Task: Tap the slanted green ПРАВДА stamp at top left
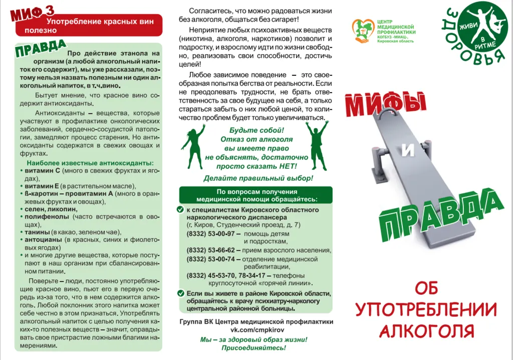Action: tap(40, 49)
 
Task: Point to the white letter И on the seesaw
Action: tap(408, 151)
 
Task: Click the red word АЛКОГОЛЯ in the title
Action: tap(427, 330)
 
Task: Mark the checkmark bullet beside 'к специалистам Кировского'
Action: tap(181, 210)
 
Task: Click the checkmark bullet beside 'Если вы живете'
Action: tap(181, 294)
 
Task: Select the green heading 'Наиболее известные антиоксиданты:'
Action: tap(90, 163)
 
